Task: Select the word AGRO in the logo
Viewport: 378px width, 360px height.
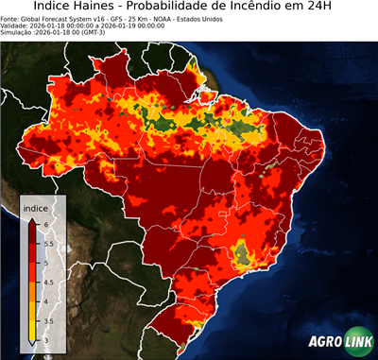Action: (326, 343)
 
